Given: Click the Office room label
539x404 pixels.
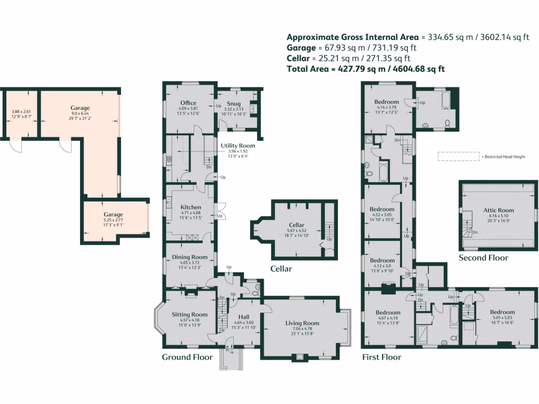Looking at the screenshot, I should click(188, 103).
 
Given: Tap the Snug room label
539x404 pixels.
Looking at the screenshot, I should click(234, 103).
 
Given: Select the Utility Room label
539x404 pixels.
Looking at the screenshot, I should click(237, 145).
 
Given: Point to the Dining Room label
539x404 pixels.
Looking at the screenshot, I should click(187, 257).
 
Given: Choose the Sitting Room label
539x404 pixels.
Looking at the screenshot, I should click(189, 315).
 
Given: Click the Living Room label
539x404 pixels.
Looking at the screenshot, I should click(302, 323).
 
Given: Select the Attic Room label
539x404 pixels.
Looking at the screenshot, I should click(498, 210).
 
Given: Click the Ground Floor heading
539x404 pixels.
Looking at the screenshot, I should click(187, 357).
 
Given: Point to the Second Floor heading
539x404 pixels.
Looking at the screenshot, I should click(483, 258).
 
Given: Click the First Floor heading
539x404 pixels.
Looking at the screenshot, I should click(381, 357).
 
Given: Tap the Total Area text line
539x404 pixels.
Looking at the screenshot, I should click(365, 68).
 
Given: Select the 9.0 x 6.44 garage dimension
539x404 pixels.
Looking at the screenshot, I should click(81, 113).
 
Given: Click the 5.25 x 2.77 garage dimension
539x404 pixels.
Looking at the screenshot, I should click(113, 220).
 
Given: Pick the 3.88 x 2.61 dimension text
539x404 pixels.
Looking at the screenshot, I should click(22, 112).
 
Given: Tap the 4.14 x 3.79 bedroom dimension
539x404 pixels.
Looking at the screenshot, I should click(388, 107).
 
